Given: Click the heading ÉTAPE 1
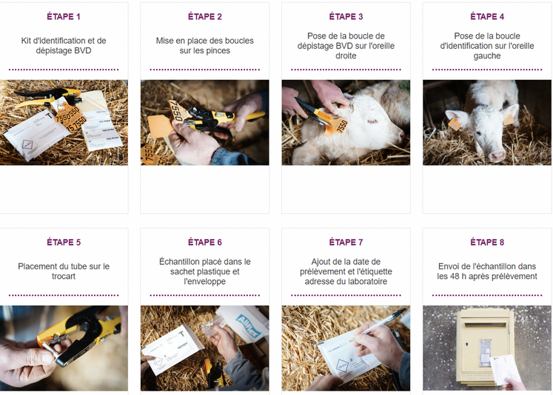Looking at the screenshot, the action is pos(64,16).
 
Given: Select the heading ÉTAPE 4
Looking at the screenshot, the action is pos(487,16).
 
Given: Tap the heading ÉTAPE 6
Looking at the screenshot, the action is pos(205,242).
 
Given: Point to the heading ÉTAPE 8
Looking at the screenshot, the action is pos(487,242).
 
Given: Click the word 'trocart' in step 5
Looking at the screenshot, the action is pos(64,276).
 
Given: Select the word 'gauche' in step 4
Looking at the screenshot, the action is pos(487,56).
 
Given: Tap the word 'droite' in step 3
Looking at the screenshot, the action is pos(346,55).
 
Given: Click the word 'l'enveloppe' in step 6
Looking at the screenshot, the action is pos(205,282).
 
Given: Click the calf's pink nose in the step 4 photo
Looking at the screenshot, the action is pos(497,155).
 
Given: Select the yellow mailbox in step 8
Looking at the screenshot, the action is pos(484,347).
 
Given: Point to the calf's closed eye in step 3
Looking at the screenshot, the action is pos(372,121).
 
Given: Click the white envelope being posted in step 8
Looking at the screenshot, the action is pos(505,369).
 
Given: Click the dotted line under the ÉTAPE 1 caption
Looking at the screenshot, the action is pos(64,70).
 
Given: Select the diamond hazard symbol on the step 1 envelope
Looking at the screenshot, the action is pos(27,144).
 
